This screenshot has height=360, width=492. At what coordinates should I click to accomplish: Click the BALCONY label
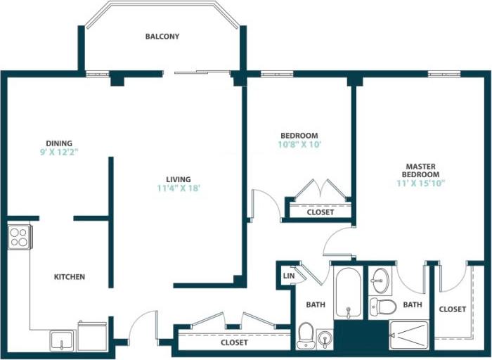(x=162, y=37)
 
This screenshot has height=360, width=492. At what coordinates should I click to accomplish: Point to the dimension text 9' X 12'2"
(x=60, y=152)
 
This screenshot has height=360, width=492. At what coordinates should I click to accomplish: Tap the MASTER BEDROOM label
(x=420, y=169)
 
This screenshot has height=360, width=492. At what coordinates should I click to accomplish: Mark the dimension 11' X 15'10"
(x=420, y=183)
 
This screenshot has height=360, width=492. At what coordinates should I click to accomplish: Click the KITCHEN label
(x=70, y=277)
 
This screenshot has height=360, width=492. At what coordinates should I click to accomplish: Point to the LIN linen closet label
(x=288, y=276)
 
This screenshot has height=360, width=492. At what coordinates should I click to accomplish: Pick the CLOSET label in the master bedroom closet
(x=452, y=309)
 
